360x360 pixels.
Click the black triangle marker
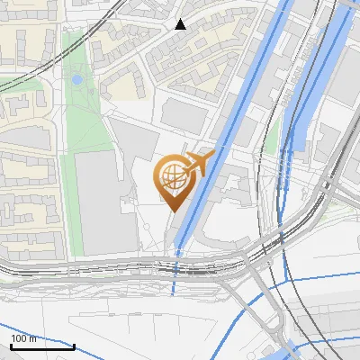[x=180, y=24]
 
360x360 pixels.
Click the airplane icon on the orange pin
[x=200, y=162]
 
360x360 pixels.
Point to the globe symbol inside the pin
[x=172, y=174]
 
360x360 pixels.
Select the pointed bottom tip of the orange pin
[x=173, y=211]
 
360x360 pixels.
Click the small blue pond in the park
[x=76, y=80]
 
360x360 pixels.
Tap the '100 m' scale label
[x=23, y=338]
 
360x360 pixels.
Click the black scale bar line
[x=41, y=346]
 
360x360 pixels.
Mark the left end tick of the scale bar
[x=10, y=345]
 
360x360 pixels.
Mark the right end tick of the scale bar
[x=74, y=345]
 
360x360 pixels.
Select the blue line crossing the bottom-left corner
[x=27, y=325]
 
